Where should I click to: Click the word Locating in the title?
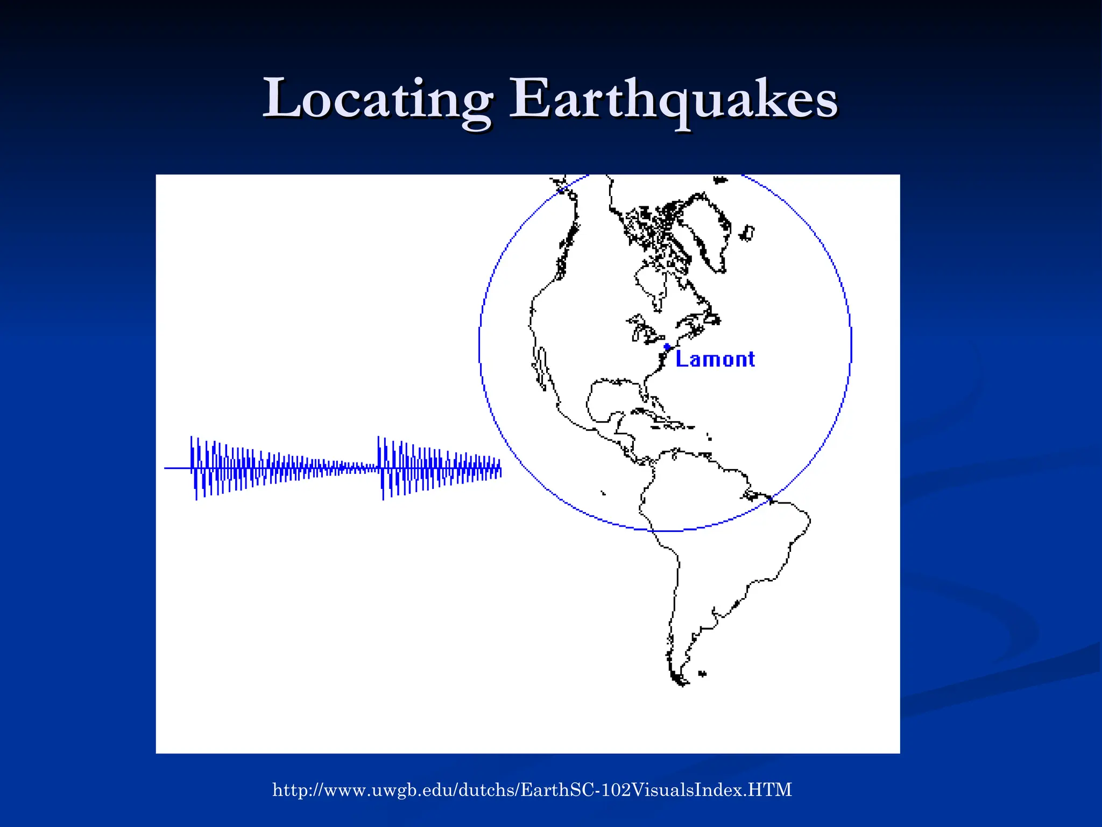377,100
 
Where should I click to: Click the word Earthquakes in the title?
673,100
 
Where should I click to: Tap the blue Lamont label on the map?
715,359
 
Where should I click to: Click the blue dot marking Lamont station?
667,347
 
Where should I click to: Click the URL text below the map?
532,790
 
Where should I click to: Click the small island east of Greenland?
747,233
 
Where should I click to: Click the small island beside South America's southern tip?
702,674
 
